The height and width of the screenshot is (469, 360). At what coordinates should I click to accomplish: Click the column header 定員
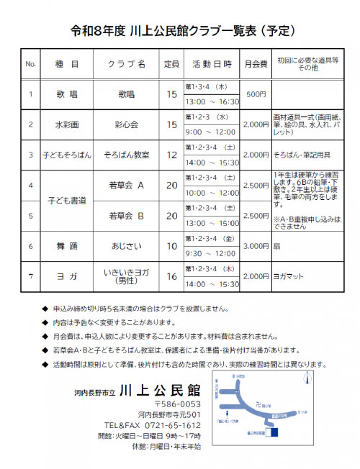pos(171,64)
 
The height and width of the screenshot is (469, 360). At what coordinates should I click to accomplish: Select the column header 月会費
pos(256,64)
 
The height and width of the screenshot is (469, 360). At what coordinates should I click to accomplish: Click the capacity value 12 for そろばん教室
pos(171,155)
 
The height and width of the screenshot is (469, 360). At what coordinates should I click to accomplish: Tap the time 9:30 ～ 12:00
pos(211,253)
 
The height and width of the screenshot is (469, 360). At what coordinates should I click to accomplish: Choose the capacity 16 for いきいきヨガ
pos(171,276)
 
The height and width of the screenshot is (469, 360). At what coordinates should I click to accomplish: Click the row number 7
pos(31,276)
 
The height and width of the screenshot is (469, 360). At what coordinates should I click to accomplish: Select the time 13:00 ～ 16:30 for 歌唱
pos(212,101)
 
